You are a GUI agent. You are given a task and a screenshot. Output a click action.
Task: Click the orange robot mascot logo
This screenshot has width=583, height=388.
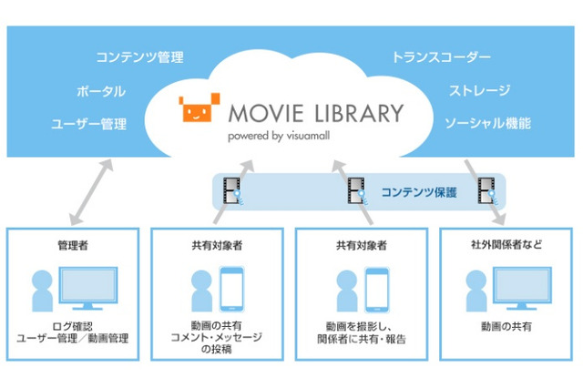(199, 107)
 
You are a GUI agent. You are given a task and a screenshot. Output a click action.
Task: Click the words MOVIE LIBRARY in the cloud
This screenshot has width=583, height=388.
(316, 113)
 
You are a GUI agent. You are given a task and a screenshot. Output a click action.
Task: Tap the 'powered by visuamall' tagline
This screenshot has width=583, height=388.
(279, 136)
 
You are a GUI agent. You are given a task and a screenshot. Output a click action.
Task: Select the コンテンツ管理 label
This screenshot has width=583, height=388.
(139, 57)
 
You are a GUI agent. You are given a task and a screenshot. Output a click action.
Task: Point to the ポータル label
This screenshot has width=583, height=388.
(101, 91)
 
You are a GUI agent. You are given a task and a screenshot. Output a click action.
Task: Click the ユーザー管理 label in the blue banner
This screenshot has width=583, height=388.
(89, 124)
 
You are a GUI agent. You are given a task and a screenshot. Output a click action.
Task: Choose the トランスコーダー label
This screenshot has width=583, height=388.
(441, 57)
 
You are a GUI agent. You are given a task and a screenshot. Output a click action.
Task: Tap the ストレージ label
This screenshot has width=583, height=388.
(480, 91)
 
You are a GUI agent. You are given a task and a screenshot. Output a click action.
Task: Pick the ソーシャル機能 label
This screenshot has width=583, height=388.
(488, 123)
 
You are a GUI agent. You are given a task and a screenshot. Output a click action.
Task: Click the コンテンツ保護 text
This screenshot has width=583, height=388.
(419, 192)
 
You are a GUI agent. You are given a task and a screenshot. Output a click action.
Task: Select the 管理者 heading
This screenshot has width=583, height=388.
(73, 245)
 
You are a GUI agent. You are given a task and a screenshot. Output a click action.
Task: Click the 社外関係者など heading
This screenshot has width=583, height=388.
(506, 244)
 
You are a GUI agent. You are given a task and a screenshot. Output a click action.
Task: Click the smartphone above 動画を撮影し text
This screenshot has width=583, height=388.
(376, 290)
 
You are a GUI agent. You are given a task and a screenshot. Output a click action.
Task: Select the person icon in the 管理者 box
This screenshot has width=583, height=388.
(43, 291)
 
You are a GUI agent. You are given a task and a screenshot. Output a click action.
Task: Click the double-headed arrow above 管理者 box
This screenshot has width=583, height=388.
(91, 192)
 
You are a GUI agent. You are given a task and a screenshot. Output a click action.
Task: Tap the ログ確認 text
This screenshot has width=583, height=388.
(73, 326)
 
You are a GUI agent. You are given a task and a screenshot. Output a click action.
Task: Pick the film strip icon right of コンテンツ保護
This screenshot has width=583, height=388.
(487, 191)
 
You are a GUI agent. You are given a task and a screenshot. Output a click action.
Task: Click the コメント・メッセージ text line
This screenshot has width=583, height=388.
(217, 338)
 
